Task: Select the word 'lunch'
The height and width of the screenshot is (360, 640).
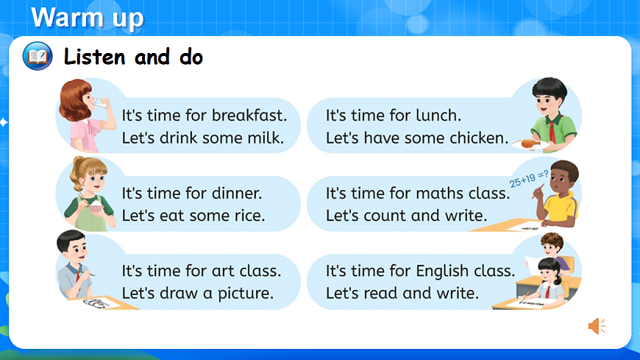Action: pyautogui.click(x=439, y=116)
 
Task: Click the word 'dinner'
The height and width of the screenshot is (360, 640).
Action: pyautogui.click(x=237, y=194)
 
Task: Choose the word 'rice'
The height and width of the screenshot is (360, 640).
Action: pyautogui.click(x=249, y=216)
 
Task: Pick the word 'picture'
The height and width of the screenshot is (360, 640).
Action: pyautogui.click(x=246, y=293)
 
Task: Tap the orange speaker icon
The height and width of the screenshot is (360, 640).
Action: pyautogui.click(x=597, y=325)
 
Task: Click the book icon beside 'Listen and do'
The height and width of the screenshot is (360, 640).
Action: pyautogui.click(x=38, y=56)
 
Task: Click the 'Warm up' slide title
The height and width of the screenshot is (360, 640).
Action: pyautogui.click(x=88, y=18)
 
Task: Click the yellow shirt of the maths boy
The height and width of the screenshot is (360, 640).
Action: pyautogui.click(x=563, y=211)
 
